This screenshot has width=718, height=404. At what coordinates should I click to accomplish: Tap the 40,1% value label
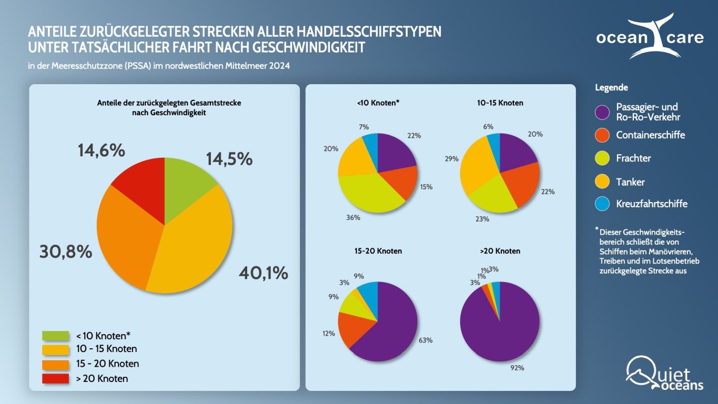point(263,273)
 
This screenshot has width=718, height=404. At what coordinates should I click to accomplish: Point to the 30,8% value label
point(66,252)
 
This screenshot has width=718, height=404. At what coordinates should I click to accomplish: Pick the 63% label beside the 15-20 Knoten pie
point(425,340)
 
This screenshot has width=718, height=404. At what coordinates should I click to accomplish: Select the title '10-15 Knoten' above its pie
point(497,103)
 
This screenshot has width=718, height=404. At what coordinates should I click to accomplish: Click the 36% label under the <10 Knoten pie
point(353,218)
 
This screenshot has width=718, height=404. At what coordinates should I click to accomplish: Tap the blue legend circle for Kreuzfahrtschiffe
point(602,204)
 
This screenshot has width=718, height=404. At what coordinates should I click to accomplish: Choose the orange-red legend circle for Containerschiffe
point(602,135)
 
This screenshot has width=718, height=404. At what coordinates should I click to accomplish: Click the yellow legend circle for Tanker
point(602,182)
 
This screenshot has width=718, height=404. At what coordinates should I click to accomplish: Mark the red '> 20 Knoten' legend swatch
point(55,378)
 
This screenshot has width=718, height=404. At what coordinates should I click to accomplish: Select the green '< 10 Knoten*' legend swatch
point(55,336)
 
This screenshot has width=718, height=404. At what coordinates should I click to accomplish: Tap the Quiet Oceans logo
point(664,374)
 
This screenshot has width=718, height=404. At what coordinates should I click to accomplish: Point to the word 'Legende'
point(611,88)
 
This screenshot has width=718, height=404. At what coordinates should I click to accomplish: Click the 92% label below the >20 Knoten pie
point(517,368)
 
